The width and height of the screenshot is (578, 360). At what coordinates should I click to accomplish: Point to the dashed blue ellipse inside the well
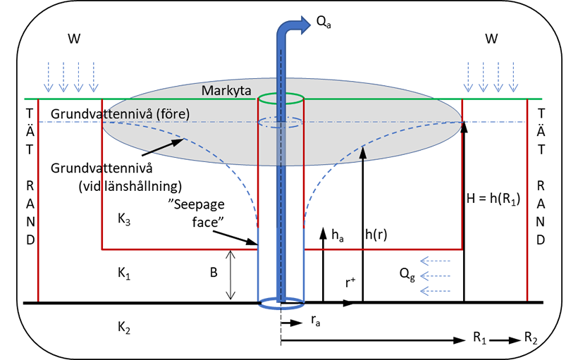coord(281,123)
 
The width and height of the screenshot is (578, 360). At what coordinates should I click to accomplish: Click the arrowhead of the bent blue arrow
coord(304,25)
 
